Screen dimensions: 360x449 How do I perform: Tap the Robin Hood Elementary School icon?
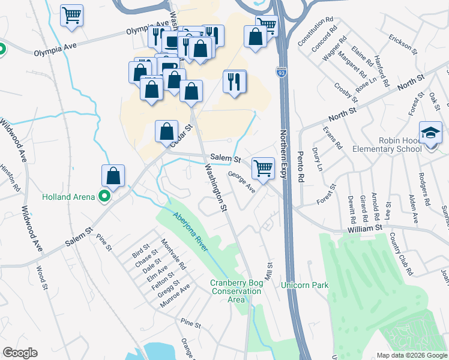tap(430, 132)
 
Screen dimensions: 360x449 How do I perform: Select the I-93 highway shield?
tap(281, 72)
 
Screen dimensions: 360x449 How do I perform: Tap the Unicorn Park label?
tap(304, 285)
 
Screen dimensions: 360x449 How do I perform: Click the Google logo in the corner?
tap(20, 353)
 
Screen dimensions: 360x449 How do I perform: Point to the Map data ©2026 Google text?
tap(411, 355)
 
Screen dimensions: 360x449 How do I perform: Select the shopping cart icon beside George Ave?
tap(263, 168)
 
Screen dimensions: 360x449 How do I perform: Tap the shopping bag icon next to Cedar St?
tap(167, 131)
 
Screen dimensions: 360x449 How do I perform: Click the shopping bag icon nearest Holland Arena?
tap(113, 176)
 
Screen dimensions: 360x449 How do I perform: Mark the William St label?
tap(364, 229)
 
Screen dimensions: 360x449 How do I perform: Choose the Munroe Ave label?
tap(175, 296)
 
